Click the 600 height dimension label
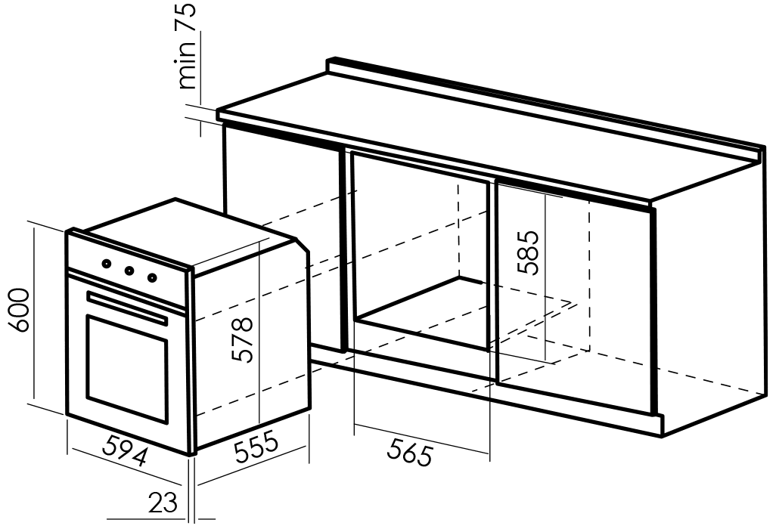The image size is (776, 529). pos(20,310)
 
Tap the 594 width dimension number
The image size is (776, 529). pos(124,450)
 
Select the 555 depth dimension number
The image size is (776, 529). pos(256,447)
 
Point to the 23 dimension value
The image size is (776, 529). pos(163,503)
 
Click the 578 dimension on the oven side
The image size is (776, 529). pos(243,339)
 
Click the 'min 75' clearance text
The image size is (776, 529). pos(187,46)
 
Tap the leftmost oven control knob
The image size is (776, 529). pos(107,264)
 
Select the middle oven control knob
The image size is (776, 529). pos(129,271)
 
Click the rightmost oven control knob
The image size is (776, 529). pos(152,277)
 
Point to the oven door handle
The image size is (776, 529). pos(127,308)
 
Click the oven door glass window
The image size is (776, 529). pos(127,368)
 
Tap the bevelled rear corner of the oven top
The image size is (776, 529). pos(303,245)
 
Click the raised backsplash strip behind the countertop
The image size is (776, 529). pos(545,106)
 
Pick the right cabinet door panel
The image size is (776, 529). pos(576,297)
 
